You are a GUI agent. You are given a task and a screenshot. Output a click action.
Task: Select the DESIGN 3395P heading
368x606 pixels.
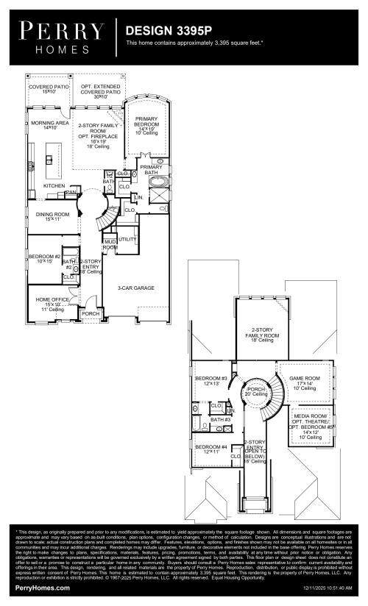[166, 32]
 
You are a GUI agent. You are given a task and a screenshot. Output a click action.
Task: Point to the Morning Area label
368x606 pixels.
[49, 124]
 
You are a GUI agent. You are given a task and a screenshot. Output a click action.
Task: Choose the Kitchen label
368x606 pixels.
[54, 186]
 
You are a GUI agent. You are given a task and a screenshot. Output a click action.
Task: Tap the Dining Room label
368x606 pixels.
[52, 216]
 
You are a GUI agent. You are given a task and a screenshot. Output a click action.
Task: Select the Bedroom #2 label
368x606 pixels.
[44, 258]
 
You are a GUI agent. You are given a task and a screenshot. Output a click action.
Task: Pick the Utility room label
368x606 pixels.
[127, 240]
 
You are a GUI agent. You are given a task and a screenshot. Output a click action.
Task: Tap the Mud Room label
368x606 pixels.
[110, 245]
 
